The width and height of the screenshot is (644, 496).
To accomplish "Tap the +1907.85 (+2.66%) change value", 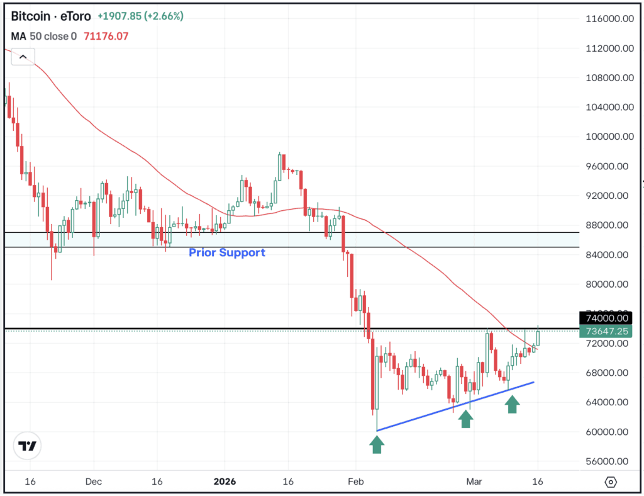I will point(140,16).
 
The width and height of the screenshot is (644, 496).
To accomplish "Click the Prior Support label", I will point(227,253).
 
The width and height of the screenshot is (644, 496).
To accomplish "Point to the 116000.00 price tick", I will point(606,20).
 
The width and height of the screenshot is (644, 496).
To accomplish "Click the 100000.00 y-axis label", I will point(606,137).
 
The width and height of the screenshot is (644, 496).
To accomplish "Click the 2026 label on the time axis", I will point(224,482).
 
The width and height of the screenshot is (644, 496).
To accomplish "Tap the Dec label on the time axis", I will point(93,482).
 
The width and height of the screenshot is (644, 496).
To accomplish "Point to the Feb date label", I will point(355,482).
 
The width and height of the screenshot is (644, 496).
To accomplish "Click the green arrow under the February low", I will point(376,444).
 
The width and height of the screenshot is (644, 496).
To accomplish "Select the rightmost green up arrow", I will point(513,404).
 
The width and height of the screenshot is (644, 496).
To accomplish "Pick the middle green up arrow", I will point(465,419).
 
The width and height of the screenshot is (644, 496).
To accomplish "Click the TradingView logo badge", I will point(28,446).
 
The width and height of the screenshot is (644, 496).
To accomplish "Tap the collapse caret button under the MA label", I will point(23,57).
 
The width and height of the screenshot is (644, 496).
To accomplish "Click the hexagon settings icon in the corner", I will point(611,482).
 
